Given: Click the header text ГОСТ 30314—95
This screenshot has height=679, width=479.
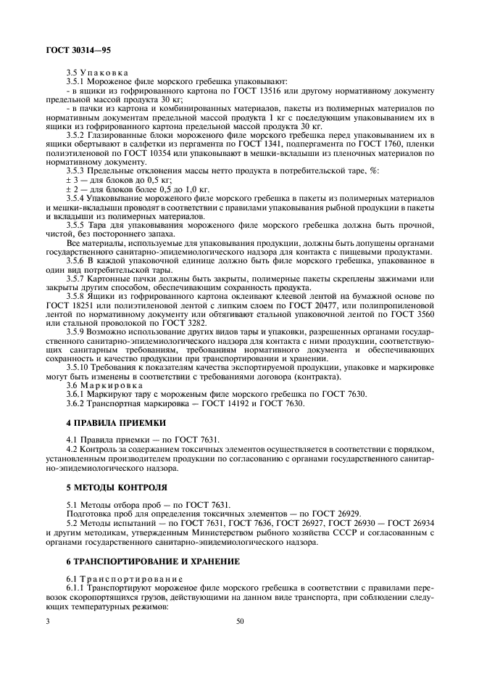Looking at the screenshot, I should (70, 50).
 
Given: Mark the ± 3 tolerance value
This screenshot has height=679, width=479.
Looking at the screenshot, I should (70, 177).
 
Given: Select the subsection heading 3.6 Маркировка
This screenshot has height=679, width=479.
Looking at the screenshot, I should (99, 385).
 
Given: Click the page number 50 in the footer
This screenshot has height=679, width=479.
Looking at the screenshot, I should (239, 621).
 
